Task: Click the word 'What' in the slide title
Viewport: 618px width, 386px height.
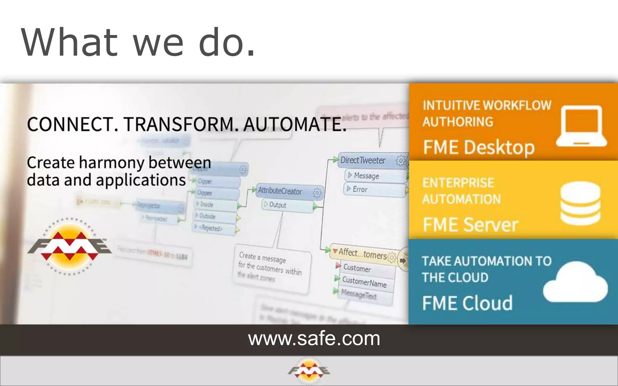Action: point(69,42)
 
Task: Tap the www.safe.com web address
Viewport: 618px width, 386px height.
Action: point(314,339)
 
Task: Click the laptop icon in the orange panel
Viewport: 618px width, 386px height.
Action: point(581,126)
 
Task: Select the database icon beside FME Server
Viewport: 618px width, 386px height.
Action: point(580,203)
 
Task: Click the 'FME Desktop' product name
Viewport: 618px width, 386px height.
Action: point(479,147)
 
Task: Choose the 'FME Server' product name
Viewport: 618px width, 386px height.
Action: point(470,225)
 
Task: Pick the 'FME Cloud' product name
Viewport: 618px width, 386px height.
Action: point(467,303)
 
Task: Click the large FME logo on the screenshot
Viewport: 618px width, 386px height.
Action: point(69,246)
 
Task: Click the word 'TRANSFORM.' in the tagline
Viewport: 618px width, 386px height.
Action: point(179,124)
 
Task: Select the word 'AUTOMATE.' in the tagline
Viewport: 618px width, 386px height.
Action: point(295,124)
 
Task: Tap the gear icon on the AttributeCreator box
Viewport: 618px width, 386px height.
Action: point(317,193)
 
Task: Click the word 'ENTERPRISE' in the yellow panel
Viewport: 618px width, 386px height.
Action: point(458,183)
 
